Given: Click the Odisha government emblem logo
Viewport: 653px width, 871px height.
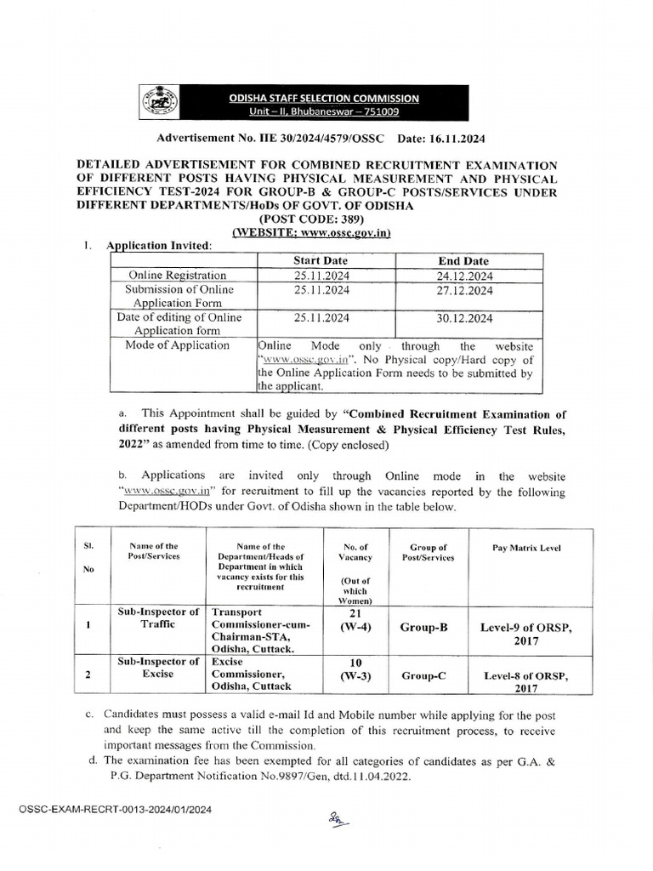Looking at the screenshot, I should [157, 104].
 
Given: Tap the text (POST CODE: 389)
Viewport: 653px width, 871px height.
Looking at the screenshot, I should [311, 219].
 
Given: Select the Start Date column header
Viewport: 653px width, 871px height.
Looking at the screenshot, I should [320, 261].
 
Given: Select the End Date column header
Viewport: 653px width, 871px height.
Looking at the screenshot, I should [463, 261].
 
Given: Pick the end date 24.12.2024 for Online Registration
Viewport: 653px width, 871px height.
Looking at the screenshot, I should [464, 276].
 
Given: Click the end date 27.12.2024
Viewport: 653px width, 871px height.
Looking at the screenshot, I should [464, 290].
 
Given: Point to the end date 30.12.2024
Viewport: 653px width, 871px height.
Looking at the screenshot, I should [464, 318].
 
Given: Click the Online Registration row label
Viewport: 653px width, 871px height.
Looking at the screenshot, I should [177, 276].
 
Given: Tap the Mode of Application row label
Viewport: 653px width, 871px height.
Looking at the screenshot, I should [177, 345].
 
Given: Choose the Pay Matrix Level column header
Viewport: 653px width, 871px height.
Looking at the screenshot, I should [526, 549].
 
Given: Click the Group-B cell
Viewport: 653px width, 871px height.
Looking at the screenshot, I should [423, 627].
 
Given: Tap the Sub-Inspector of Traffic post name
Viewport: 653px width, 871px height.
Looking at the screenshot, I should [156, 618].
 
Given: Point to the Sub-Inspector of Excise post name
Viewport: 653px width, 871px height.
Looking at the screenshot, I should [156, 668].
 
